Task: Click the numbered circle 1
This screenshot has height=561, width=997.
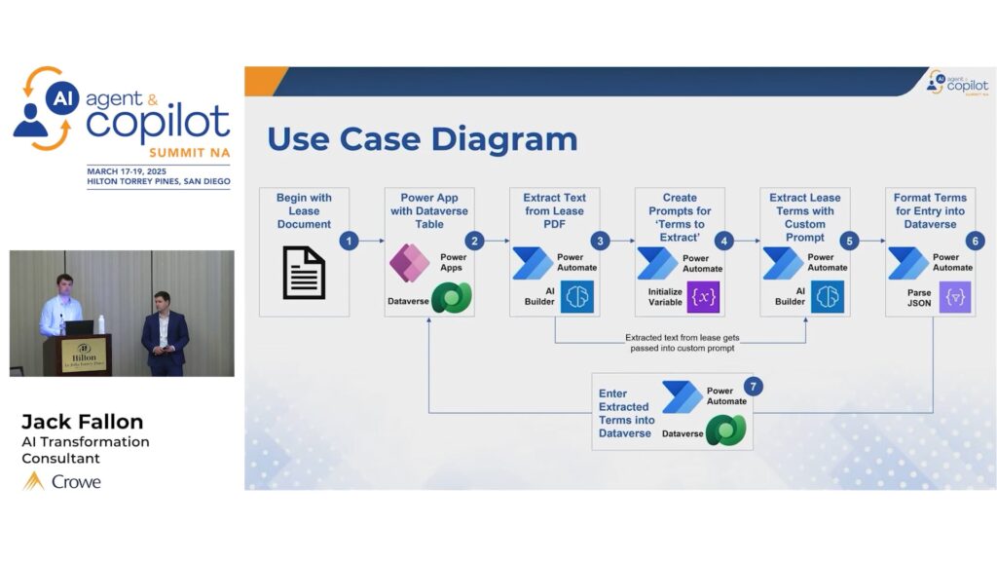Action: (x=351, y=241)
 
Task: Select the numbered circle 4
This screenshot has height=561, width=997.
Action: (x=722, y=241)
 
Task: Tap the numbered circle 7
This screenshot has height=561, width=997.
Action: (x=752, y=387)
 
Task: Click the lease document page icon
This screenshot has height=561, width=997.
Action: (x=304, y=272)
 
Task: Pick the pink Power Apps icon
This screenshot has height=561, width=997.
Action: (x=410, y=262)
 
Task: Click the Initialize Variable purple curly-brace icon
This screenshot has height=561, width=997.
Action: (x=703, y=297)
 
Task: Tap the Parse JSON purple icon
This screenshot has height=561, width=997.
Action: (x=954, y=297)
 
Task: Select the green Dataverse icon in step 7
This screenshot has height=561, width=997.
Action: (x=725, y=430)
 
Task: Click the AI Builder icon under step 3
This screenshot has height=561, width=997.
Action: (x=576, y=297)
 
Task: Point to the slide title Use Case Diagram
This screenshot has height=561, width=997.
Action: (x=422, y=139)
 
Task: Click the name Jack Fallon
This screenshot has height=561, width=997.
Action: (x=82, y=422)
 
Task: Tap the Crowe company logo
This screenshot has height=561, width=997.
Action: (x=62, y=481)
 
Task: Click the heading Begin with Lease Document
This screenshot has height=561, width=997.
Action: (x=304, y=210)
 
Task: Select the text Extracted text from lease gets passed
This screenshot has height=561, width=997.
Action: (x=682, y=342)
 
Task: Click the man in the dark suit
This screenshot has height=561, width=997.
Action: (x=164, y=331)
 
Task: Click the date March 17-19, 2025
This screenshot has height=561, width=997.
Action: (x=132, y=170)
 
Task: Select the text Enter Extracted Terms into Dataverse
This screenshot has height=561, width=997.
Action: (x=625, y=414)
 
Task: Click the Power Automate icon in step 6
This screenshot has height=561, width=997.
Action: (x=907, y=263)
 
